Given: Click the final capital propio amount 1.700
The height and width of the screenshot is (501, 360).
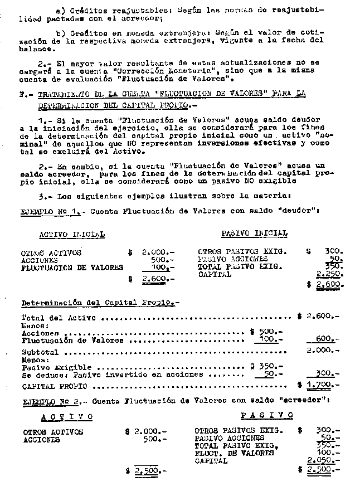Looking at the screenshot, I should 322,385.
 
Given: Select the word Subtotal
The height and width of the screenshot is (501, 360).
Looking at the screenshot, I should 39,352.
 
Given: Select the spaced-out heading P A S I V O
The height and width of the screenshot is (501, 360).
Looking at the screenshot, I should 266,415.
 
